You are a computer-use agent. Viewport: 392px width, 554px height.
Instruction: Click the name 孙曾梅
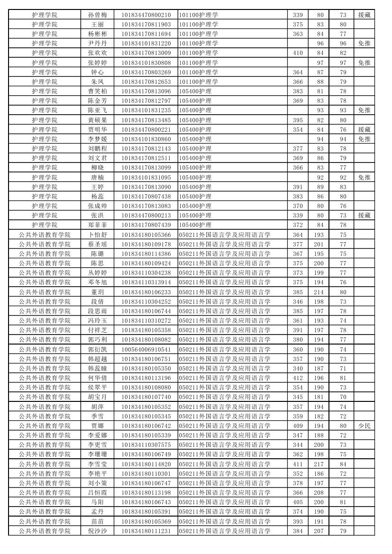click(98, 15)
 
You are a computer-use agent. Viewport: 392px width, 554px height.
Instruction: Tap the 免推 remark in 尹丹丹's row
click(364, 44)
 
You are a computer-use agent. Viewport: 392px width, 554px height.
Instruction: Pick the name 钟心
click(98, 72)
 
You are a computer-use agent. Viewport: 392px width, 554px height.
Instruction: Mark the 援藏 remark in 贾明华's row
click(364, 129)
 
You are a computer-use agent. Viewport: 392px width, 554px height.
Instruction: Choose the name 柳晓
click(98, 168)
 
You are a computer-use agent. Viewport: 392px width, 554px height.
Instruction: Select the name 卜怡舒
click(98, 235)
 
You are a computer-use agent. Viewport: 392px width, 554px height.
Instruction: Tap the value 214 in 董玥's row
click(319, 292)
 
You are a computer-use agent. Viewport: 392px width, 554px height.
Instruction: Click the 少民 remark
click(364, 426)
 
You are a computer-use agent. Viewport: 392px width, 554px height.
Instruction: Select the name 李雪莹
click(98, 464)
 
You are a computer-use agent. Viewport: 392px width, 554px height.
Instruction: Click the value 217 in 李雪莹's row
click(319, 464)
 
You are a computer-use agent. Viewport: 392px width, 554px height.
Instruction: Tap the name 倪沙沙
click(98, 531)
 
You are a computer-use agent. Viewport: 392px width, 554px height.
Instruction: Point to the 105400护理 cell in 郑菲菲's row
click(195, 225)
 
